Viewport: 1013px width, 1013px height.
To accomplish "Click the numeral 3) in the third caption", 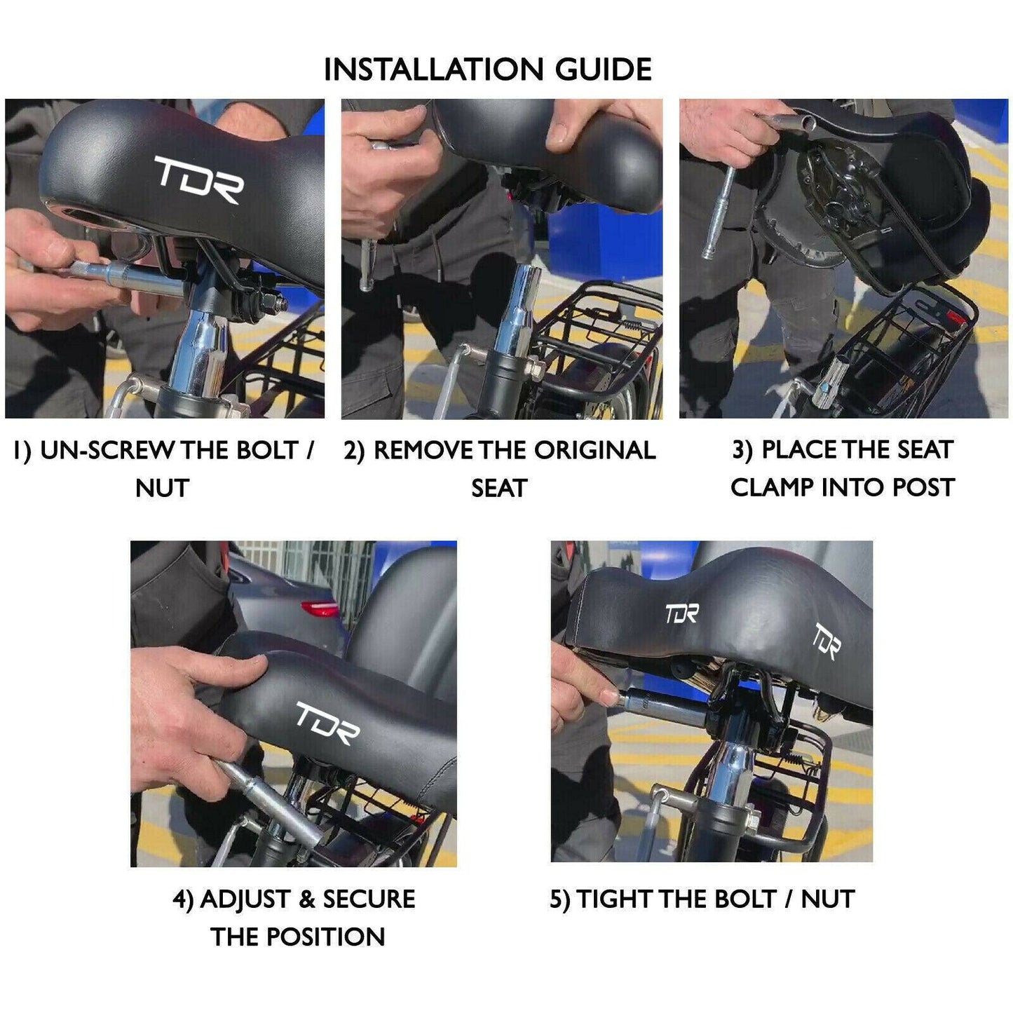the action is [742, 450].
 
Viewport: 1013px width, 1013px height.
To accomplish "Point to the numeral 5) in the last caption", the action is [560, 899].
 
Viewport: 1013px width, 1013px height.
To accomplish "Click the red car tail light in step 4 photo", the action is [318, 609].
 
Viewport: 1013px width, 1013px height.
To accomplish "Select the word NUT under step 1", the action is [162, 488].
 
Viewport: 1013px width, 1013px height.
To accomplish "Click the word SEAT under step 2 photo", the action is [499, 488].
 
